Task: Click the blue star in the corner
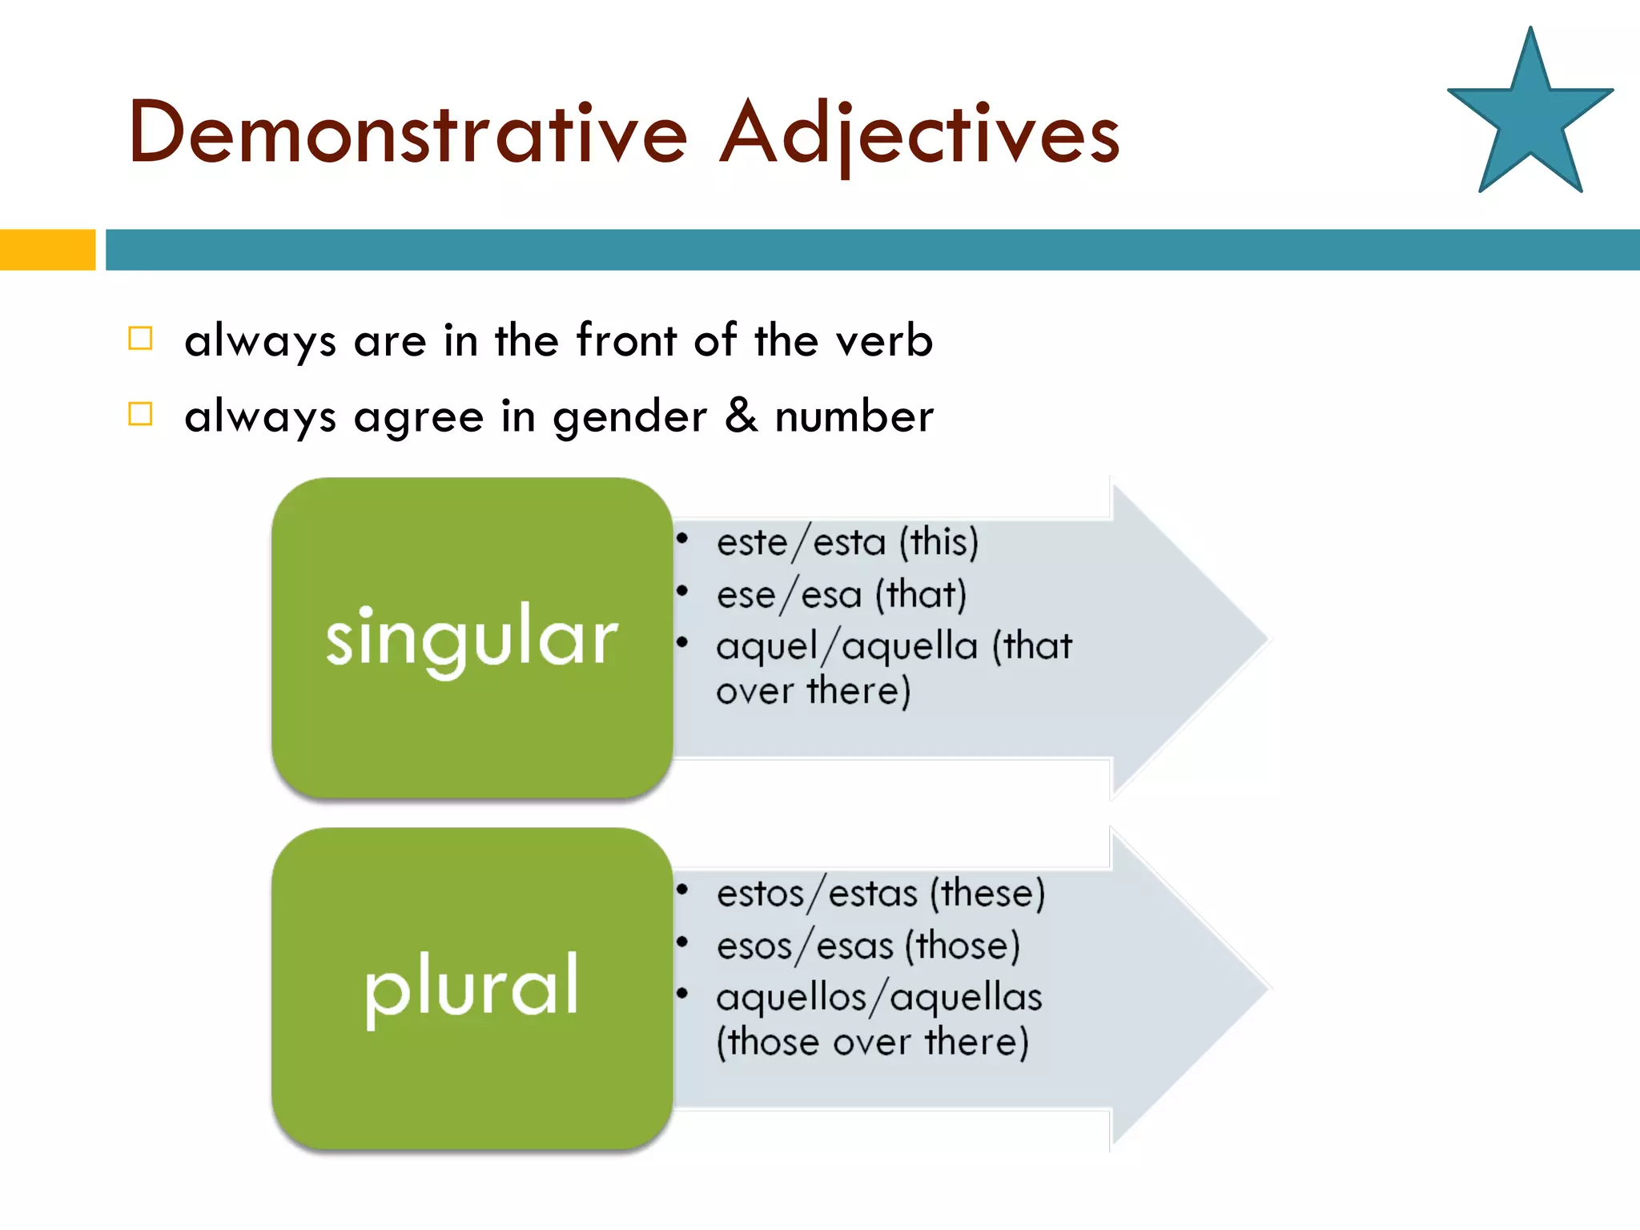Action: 1529,120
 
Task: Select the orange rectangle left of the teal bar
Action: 46,250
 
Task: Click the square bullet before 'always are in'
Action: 140,339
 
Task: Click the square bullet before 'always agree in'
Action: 140,414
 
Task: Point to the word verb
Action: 884,340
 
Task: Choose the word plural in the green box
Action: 472,987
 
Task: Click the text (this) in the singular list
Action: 939,543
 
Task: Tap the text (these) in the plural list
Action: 987,894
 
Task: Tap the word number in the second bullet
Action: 854,416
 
